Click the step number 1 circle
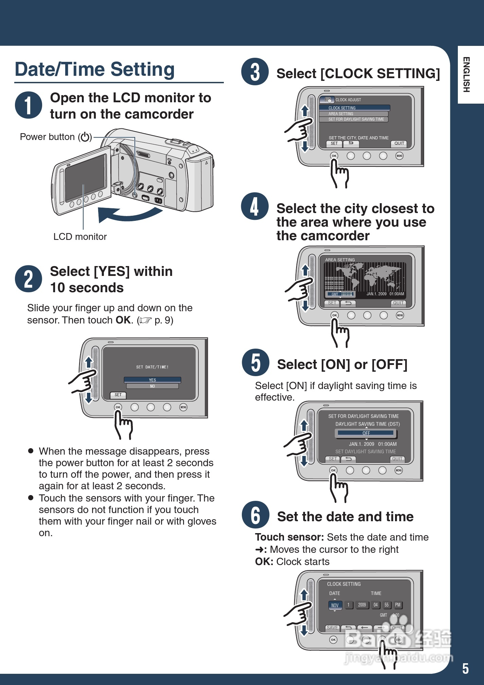[x=29, y=105]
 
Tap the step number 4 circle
[x=255, y=206]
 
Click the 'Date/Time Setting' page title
[x=95, y=69]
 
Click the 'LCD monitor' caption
[x=80, y=237]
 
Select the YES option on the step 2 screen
[x=152, y=380]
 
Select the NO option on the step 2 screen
[x=152, y=386]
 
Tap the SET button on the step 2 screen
[x=118, y=395]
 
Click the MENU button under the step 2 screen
[x=183, y=407]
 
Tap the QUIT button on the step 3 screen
[x=399, y=143]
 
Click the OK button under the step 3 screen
[x=334, y=156]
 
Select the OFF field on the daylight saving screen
[x=366, y=433]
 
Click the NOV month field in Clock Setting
[x=335, y=605]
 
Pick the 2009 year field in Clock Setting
[x=362, y=605]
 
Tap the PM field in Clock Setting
[x=398, y=605]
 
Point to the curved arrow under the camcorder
[x=129, y=214]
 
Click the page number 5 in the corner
[x=465, y=669]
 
